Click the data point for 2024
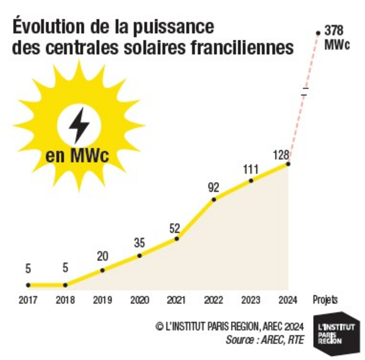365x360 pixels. (288, 164)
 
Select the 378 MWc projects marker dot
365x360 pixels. (318, 33)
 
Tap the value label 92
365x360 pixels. (213, 188)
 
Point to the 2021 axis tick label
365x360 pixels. (176, 300)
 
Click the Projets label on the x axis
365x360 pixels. (325, 300)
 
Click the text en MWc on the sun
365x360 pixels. (77, 157)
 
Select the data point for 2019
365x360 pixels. (102, 270)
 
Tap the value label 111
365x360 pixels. (251, 169)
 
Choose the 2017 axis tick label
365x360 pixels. (28, 300)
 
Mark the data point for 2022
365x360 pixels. (213, 199)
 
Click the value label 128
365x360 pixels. (281, 156)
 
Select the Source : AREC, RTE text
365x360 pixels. (265, 339)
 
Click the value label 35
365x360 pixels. (139, 243)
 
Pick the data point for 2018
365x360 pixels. (65, 285)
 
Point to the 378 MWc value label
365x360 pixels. (337, 37)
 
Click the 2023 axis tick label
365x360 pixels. (251, 300)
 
